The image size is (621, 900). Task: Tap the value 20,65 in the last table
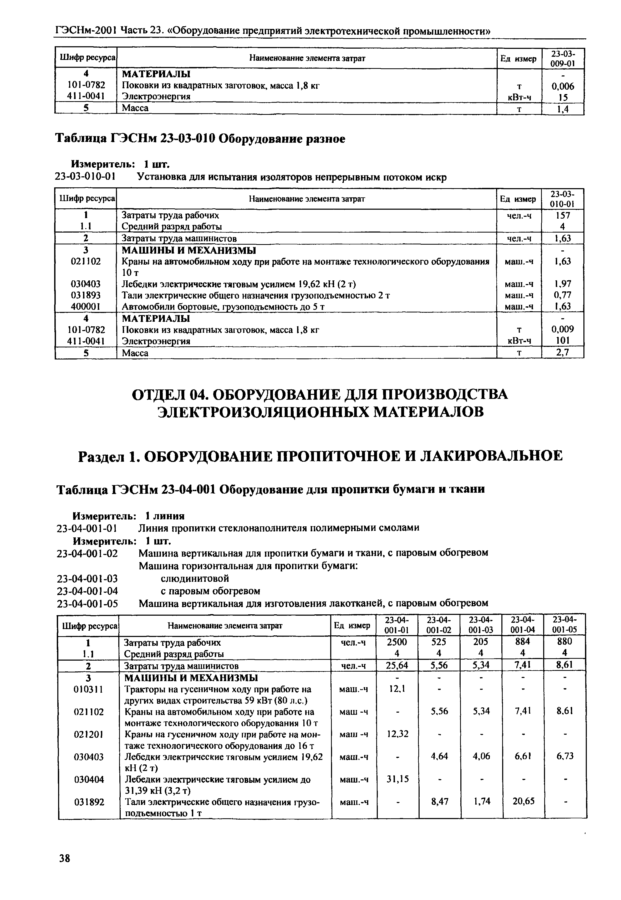pyautogui.click(x=523, y=801)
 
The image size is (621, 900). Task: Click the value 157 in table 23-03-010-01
pyautogui.click(x=563, y=215)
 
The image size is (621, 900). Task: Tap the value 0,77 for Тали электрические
pyautogui.click(x=562, y=295)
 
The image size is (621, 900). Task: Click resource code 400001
pyautogui.click(x=86, y=306)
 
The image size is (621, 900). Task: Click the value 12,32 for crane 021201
pyautogui.click(x=398, y=734)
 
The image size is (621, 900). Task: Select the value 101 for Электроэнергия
pyautogui.click(x=562, y=341)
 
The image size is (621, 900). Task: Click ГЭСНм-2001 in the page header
pyautogui.click(x=86, y=30)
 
